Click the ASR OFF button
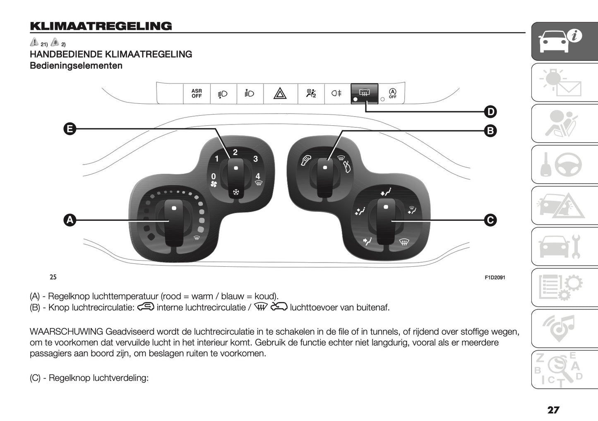coord(197,93)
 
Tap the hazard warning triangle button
coord(280,94)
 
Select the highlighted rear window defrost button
coord(364,93)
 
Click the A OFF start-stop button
coord(392,93)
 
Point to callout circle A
coord(70,220)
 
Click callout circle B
coord(490,131)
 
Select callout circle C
coord(490,220)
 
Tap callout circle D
coord(490,112)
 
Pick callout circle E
coord(70,129)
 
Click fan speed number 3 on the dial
coord(255,159)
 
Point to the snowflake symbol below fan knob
coord(236,192)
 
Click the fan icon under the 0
coord(214,184)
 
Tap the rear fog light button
coord(336,93)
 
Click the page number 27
coord(553,410)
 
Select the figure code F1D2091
coord(495,277)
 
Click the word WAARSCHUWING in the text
coord(66,332)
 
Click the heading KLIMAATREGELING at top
coord(101,26)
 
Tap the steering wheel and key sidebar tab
coord(564,165)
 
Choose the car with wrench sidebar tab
coord(564,246)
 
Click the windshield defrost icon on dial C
coord(403,242)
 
